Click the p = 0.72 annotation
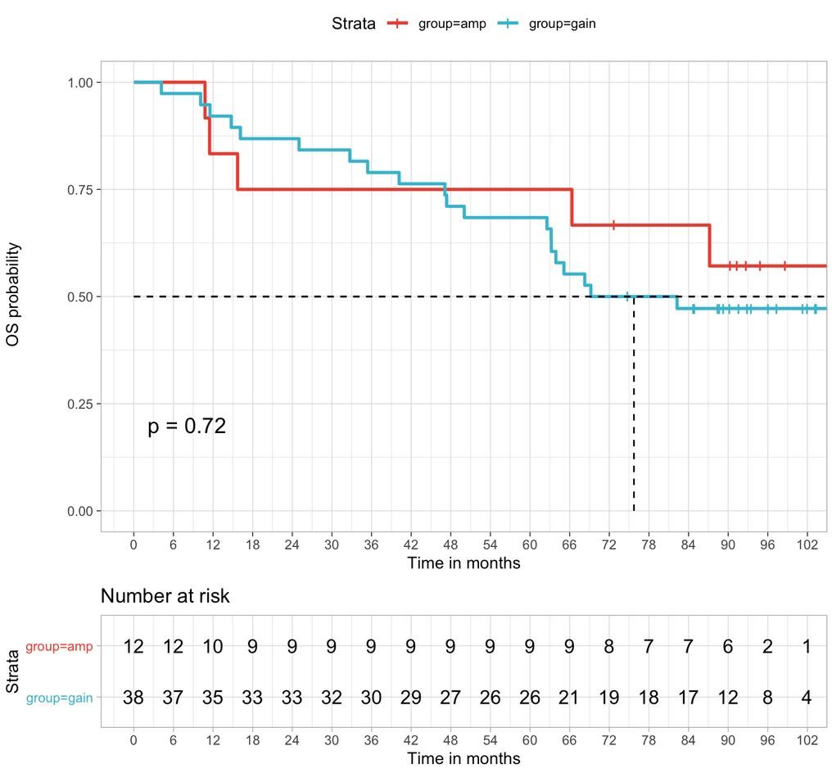click(x=187, y=427)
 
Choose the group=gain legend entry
click(x=562, y=24)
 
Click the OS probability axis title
click(x=14, y=294)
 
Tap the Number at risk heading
click(x=165, y=596)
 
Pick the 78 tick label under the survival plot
click(x=649, y=545)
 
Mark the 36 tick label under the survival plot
click(x=371, y=545)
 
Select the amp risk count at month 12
click(x=213, y=647)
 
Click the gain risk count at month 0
click(x=133, y=698)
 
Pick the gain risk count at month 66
click(x=569, y=698)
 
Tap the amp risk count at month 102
click(x=807, y=647)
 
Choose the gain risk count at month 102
click(x=807, y=698)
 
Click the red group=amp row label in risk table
click(x=59, y=647)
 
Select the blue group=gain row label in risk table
click(x=59, y=698)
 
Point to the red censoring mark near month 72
click(x=613, y=225)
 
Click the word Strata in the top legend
click(x=354, y=24)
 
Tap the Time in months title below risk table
click(x=463, y=758)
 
